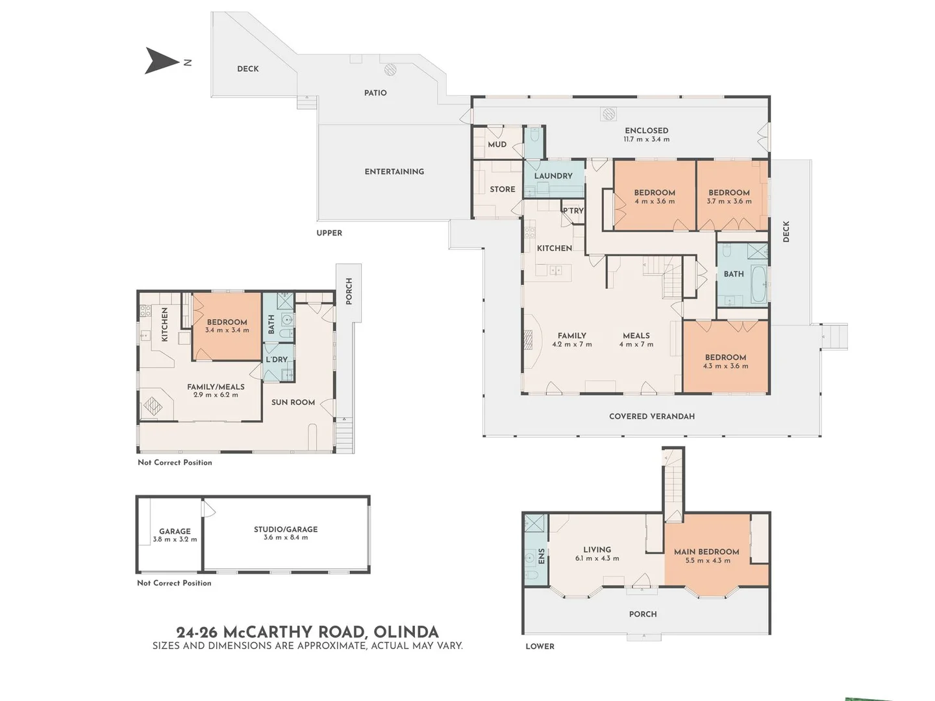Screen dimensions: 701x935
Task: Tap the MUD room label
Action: tap(497, 145)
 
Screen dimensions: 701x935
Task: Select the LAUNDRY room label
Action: tap(553, 176)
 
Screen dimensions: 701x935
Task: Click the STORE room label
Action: tap(503, 190)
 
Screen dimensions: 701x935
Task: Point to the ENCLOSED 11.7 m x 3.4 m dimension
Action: tap(646, 139)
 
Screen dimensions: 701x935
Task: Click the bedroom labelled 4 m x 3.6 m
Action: tap(654, 197)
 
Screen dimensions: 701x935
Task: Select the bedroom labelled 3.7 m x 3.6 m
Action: tap(729, 197)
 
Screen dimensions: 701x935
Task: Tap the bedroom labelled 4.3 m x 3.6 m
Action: tap(725, 362)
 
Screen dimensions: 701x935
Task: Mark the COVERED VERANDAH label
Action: tap(651, 417)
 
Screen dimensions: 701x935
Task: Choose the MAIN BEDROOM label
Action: tap(706, 552)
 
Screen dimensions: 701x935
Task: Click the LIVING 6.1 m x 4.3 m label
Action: tap(597, 554)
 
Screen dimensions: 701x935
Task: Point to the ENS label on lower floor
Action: tap(542, 556)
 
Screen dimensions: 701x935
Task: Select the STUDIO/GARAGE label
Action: tap(286, 530)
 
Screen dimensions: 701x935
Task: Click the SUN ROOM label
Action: tap(293, 402)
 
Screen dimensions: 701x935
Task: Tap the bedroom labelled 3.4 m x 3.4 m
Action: tap(227, 326)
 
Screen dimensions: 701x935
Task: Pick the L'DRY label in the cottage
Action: tap(277, 360)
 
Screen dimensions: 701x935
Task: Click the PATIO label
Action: tap(375, 93)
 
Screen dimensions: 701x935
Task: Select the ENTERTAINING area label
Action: tap(394, 172)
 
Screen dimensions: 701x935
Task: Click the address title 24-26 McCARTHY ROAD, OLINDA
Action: tap(307, 632)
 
